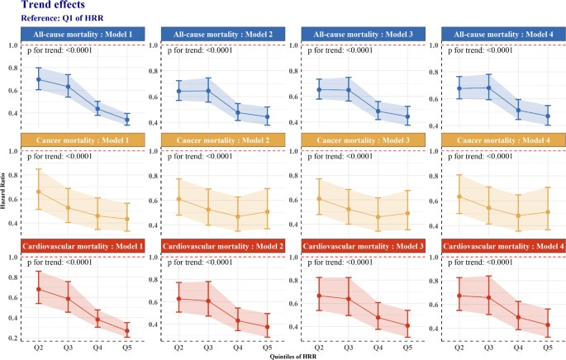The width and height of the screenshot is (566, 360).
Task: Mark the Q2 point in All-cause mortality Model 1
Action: pos(39,80)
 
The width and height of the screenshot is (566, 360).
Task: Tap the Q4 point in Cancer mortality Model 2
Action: pos(237,217)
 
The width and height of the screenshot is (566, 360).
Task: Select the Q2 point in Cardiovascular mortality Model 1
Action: pos(39,290)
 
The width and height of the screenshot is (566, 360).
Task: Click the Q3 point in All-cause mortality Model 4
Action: pos(488,88)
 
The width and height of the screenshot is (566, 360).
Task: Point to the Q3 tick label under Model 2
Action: pos(208,348)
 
